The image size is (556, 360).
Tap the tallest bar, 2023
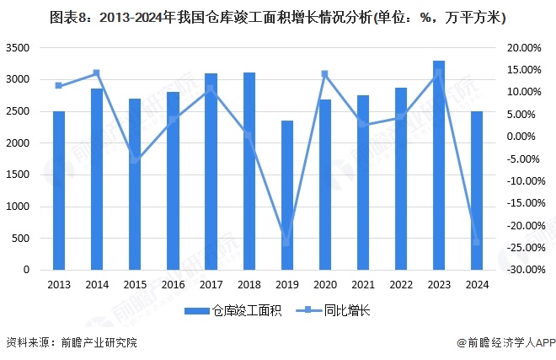click(439, 165)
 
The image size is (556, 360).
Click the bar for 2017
click(211, 172)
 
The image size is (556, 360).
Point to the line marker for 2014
click(97, 73)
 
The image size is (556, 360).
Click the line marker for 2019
click(287, 243)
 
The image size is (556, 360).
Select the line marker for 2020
click(325, 74)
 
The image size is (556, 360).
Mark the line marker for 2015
click(135, 159)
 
